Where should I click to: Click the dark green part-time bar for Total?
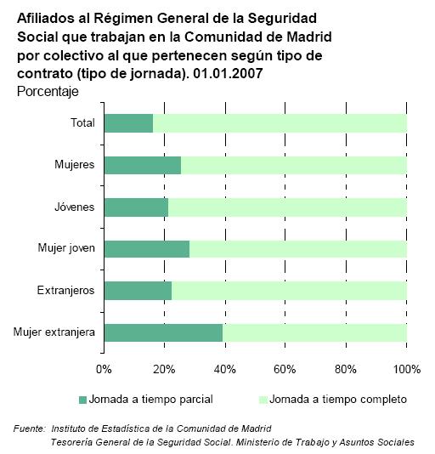tap(129, 123)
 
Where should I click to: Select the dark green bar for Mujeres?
tap(143, 165)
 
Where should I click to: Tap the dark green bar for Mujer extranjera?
tap(163, 332)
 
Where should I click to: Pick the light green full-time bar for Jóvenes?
tap(287, 207)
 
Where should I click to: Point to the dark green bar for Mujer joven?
tap(147, 249)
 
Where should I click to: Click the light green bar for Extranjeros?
tap(289, 291)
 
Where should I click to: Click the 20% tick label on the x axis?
tap(164, 369)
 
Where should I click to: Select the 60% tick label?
tap(285, 369)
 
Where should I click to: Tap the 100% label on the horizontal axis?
tap(407, 369)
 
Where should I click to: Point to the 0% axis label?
tap(104, 369)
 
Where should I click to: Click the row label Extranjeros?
tap(65, 290)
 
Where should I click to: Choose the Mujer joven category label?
tap(66, 248)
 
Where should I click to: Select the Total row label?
tap(82, 122)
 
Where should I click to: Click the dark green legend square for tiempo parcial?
tap(82, 400)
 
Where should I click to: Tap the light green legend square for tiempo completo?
tap(263, 400)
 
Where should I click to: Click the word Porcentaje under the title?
tap(48, 92)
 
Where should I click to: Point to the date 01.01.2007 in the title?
tap(228, 73)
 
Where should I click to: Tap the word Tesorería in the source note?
tap(71, 442)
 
